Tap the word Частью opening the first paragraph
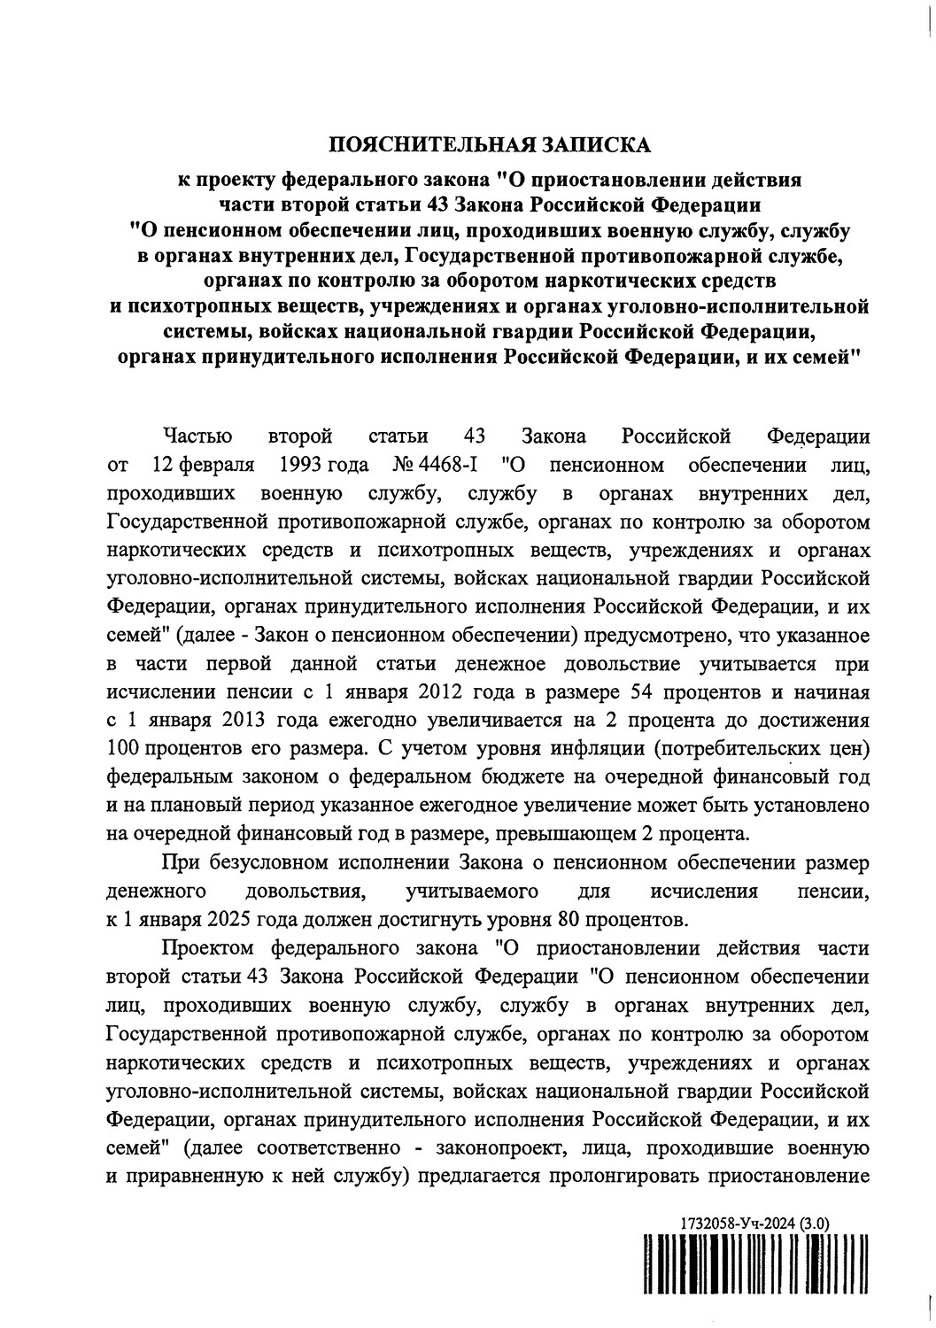[197, 436]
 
